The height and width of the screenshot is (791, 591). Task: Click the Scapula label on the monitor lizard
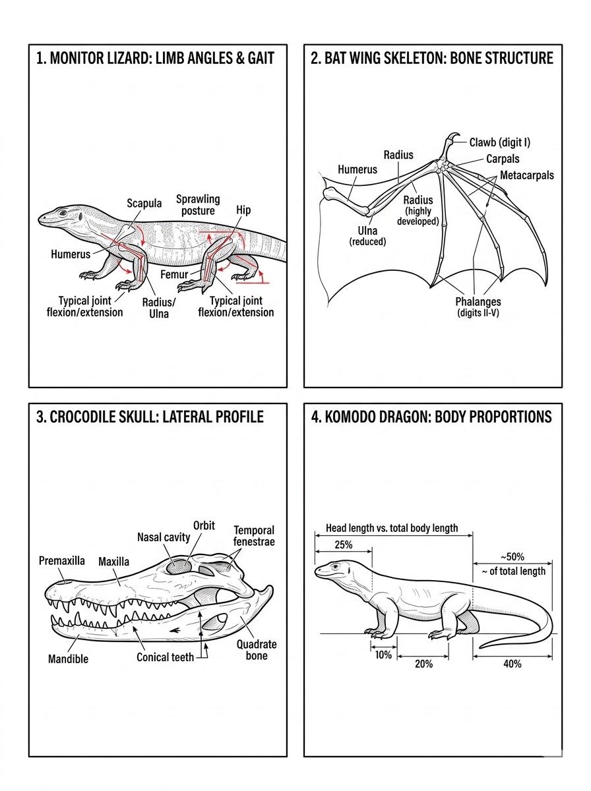tap(144, 203)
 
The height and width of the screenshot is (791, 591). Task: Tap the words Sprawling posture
tap(198, 204)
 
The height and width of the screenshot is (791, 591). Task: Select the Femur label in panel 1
tap(175, 274)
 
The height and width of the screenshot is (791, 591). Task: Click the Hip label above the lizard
tap(243, 210)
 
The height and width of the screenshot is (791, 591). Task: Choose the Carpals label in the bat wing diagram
tap(503, 159)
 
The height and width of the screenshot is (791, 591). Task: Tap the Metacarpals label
tap(527, 175)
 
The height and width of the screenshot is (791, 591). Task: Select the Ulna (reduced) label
tap(367, 236)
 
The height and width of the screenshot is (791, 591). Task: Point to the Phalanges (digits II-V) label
tap(478, 307)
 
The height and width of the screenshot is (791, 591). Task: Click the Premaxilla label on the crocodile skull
tap(62, 561)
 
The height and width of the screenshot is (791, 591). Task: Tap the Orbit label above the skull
tap(204, 525)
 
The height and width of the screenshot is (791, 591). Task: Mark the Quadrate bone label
tap(257, 650)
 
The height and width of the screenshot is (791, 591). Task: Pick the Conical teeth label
tap(166, 657)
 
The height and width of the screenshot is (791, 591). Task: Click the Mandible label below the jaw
tap(68, 659)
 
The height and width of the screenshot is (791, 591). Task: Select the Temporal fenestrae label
tap(254, 536)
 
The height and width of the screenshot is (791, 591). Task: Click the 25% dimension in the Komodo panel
tap(343, 545)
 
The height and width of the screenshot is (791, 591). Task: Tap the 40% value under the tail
tap(512, 664)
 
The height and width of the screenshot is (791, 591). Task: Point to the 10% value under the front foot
tap(383, 655)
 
